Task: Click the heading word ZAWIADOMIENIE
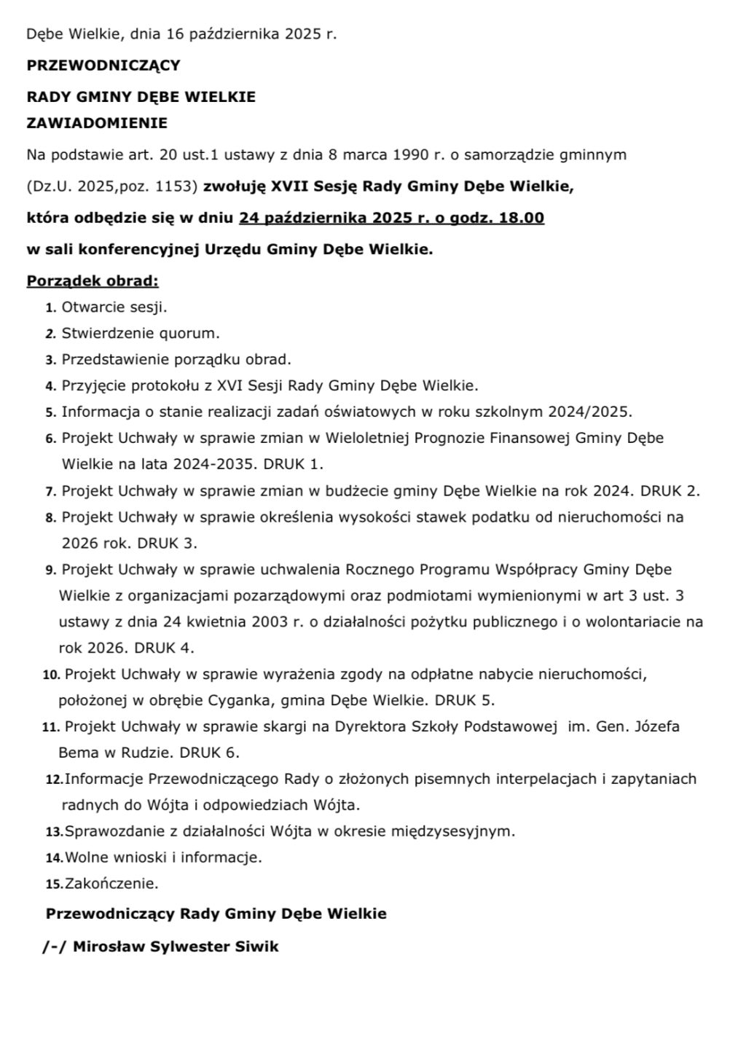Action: click(97, 123)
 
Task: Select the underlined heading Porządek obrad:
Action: click(93, 281)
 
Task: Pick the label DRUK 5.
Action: click(465, 701)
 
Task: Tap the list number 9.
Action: click(51, 570)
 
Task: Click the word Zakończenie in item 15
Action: click(111, 884)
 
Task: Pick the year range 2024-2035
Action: click(214, 464)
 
